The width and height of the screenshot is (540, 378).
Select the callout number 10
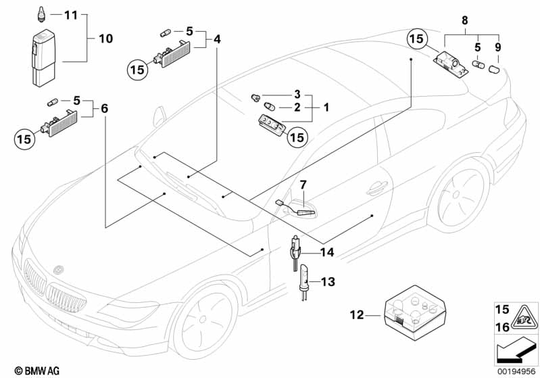coord(105,39)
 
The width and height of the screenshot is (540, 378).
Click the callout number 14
coord(327,253)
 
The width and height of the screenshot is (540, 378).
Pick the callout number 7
coord(303,184)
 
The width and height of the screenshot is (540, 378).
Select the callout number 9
coord(499,48)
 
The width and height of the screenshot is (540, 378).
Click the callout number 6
coord(105,109)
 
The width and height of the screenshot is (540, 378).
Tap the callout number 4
coord(216,39)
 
